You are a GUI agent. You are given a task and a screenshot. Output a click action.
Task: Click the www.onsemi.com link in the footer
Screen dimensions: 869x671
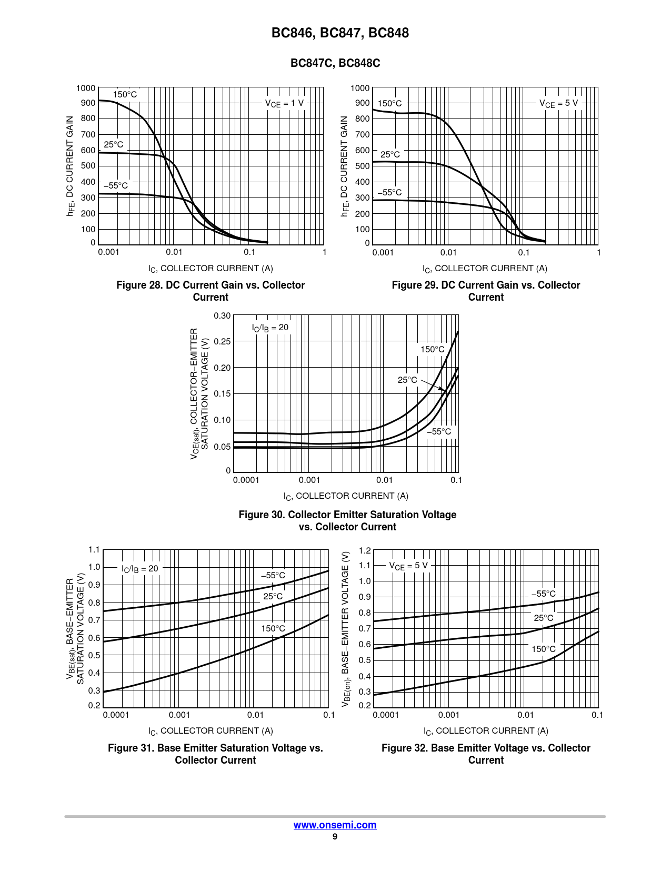coord(335,825)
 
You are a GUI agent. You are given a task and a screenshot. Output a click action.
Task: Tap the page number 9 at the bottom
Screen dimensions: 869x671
coord(335,837)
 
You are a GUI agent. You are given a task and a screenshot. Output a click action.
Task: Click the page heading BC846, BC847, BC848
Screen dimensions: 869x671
coord(340,33)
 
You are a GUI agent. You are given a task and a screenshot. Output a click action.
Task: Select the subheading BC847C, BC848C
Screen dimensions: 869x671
coord(335,63)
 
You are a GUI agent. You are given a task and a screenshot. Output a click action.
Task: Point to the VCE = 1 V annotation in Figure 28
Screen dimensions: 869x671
coord(284,103)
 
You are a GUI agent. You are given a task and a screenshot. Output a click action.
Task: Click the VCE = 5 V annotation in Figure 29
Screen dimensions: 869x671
coord(558,103)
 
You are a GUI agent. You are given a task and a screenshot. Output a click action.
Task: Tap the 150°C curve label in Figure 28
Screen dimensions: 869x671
coord(125,95)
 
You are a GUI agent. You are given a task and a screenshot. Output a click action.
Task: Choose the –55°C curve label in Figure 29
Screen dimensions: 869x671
coord(389,193)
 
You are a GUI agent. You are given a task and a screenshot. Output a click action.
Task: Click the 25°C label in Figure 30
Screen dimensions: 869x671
coord(407,380)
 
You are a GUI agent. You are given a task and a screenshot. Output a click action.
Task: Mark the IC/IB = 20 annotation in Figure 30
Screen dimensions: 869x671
coord(270,328)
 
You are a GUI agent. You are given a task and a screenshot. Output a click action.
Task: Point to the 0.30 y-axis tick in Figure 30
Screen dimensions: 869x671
coord(222,316)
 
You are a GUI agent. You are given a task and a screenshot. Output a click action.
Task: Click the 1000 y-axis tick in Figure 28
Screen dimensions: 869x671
coord(86,88)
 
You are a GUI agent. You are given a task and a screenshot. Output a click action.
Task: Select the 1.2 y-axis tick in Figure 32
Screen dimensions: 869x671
coord(365,551)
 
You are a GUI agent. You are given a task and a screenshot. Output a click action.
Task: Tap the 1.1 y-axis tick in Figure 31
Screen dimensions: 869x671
coord(94,550)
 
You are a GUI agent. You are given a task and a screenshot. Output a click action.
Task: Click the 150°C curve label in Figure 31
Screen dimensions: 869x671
coord(273,628)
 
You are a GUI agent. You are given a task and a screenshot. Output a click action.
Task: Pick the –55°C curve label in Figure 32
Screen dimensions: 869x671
coord(543,594)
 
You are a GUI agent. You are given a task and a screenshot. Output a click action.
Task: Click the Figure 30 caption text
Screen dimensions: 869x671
coord(347,520)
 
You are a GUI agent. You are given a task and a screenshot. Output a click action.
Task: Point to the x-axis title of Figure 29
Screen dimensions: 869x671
coord(485,269)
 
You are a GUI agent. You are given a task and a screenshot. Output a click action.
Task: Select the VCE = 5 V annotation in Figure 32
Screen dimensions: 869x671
coord(408,566)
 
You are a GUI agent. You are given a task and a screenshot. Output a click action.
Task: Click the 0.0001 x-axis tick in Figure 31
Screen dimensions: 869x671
coord(116,715)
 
